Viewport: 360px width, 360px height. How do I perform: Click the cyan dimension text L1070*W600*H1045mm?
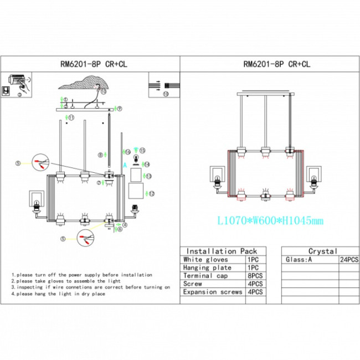point(270,221)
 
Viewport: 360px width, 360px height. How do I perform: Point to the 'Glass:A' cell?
point(299,259)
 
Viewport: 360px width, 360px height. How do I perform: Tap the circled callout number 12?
point(152,193)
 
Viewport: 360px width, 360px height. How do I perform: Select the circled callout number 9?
point(119,108)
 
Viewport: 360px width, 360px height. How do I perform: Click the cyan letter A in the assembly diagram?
point(125,164)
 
